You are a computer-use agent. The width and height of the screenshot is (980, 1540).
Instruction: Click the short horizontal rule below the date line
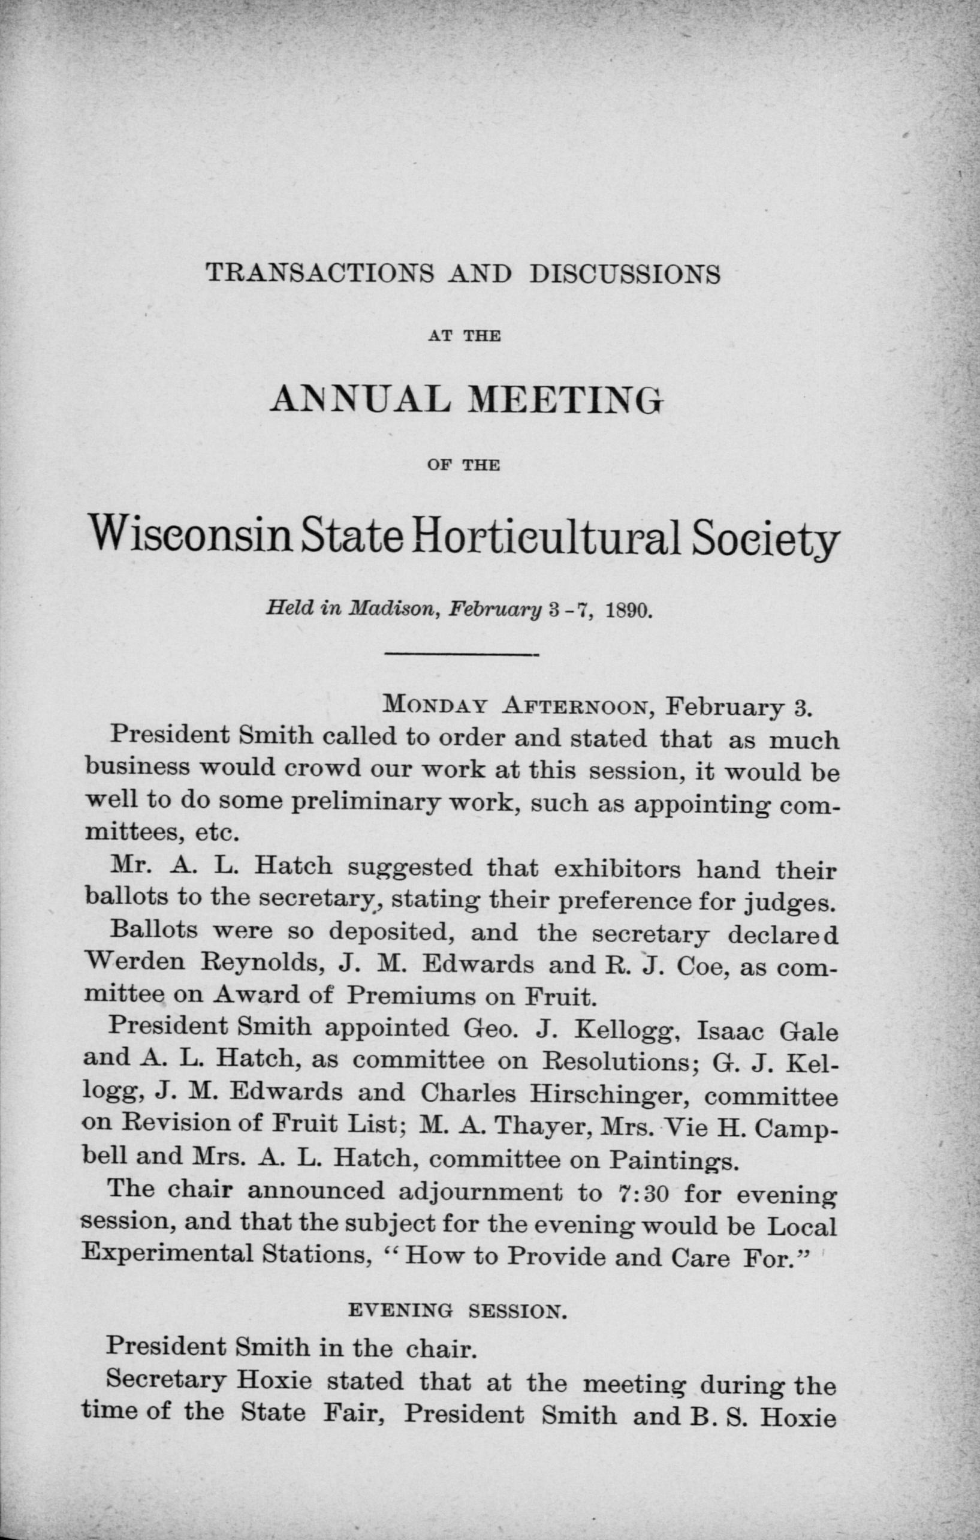click(463, 655)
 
